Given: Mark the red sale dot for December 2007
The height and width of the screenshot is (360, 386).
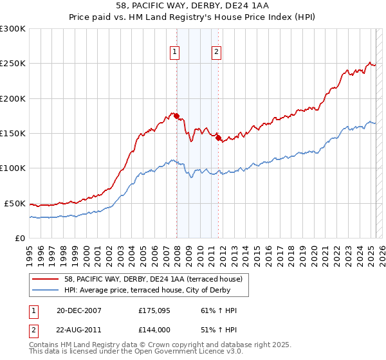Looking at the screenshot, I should (x=176, y=116).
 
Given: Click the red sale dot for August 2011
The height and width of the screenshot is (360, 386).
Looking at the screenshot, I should (x=218, y=138).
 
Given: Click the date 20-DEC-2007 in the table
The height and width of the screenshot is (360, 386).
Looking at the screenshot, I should (x=79, y=310).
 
